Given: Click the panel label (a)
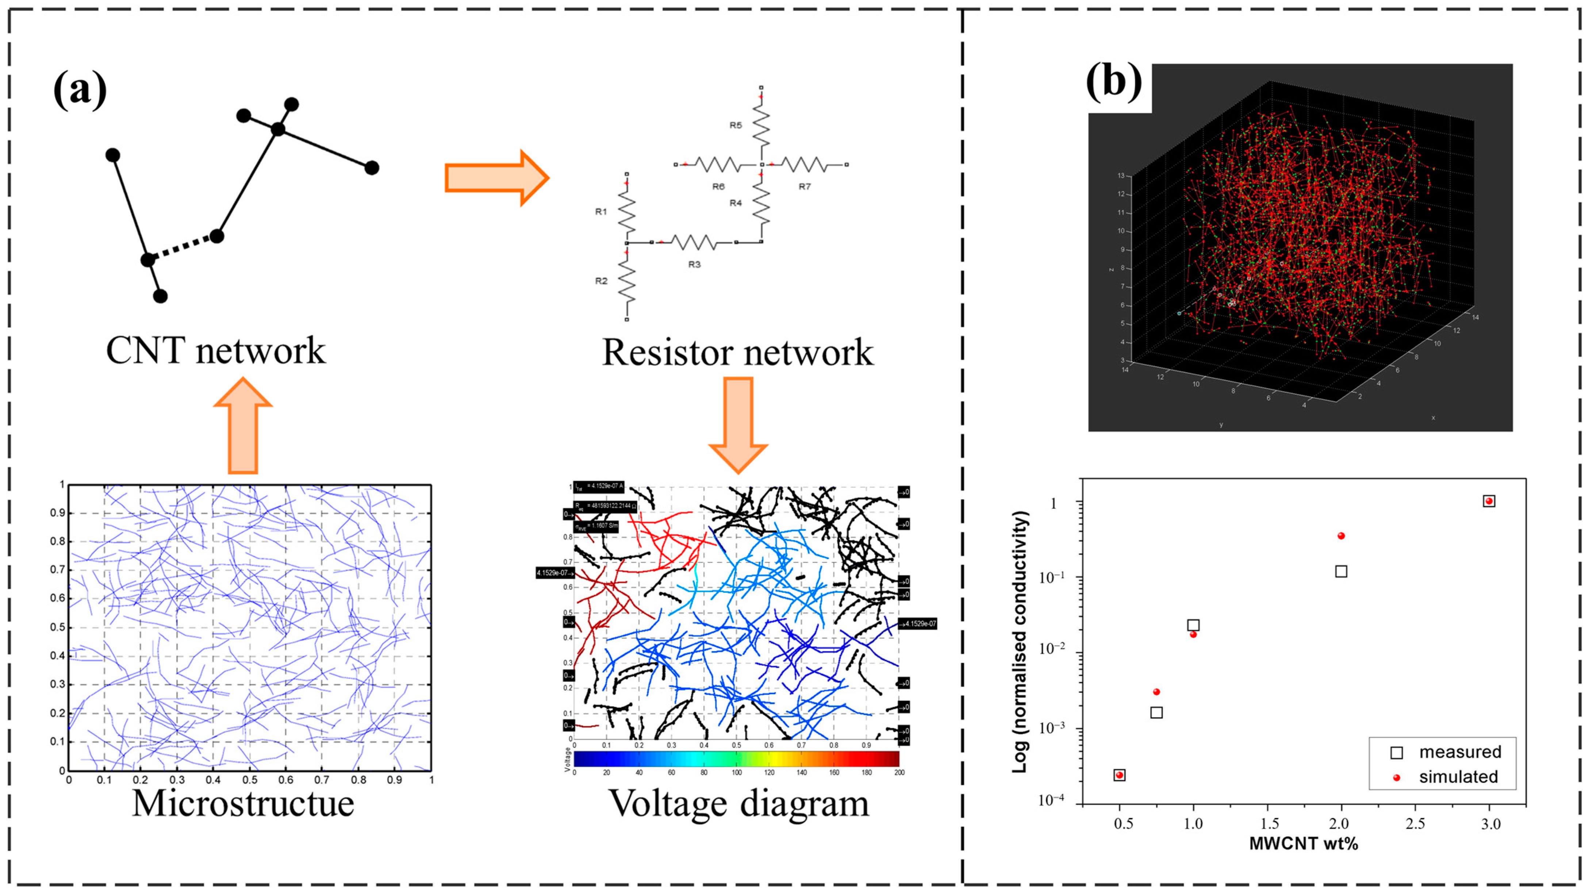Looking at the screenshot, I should point(80,91).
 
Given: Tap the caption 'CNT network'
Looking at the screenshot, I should point(215,351).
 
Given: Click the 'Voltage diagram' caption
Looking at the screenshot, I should point(739,803).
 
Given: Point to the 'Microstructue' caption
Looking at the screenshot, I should point(243,803).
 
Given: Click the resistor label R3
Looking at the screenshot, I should point(695,264).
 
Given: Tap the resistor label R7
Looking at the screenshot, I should point(805,186).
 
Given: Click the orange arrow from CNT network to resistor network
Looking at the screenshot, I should point(496,178).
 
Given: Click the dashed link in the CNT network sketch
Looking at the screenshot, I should point(182,248).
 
